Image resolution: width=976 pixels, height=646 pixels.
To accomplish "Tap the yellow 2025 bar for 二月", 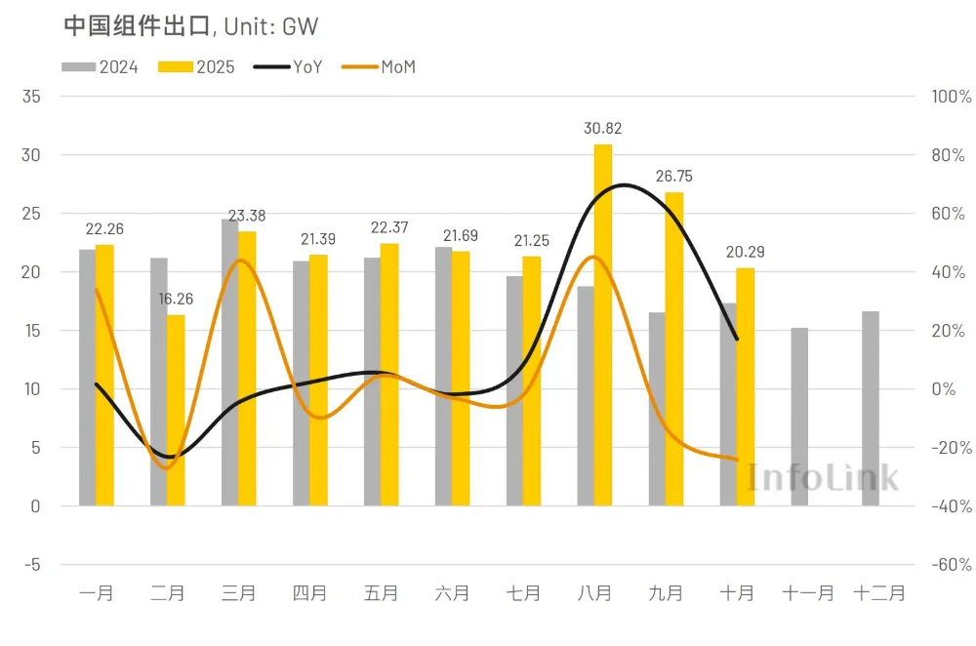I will (x=176, y=410).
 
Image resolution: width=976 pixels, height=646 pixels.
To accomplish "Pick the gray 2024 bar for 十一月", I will (x=799, y=417).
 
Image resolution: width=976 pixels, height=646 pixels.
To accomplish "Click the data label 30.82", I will (x=602, y=128).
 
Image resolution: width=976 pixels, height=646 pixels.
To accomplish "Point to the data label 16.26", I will (x=176, y=299).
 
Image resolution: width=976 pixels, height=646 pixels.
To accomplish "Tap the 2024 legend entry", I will (x=101, y=66).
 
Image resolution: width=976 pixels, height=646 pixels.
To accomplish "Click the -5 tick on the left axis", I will (x=31, y=564).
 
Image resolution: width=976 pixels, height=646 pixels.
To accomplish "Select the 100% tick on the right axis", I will (x=952, y=97).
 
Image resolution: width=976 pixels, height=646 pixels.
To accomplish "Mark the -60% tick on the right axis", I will (x=952, y=564).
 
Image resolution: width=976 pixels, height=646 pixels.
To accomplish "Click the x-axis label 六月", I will (x=452, y=592).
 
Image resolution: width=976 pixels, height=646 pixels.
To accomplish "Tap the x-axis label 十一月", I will (x=808, y=592).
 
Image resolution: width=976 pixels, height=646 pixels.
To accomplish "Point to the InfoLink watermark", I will (x=823, y=476).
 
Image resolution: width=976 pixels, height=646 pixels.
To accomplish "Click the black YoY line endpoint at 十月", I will (x=737, y=339).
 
